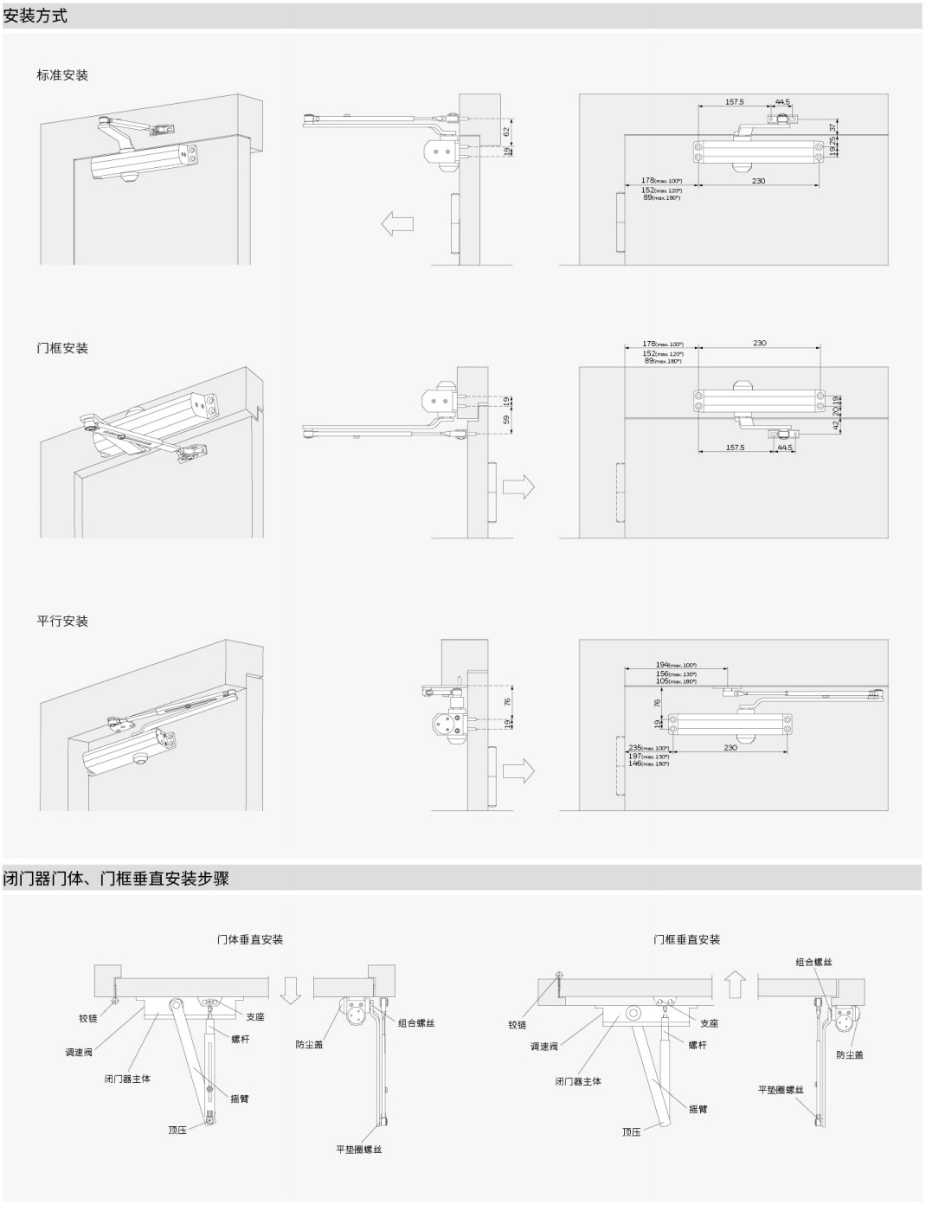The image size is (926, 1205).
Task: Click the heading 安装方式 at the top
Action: coord(35,16)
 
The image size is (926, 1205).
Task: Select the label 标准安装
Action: coord(62,75)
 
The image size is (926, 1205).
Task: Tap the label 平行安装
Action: coord(62,622)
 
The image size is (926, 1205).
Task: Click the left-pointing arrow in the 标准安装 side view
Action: coord(397,223)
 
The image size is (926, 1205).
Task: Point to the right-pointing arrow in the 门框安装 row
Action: coord(518,487)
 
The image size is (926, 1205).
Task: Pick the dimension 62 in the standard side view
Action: coord(506,132)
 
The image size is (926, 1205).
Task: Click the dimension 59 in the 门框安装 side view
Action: coord(506,420)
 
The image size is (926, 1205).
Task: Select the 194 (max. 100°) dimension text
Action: coord(676,665)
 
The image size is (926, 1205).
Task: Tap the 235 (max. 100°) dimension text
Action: coord(648,748)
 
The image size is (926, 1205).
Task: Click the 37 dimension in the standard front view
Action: coord(833,127)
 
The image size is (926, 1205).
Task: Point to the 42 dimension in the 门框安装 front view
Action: coord(836,425)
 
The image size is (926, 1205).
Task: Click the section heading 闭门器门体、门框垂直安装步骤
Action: coord(117,879)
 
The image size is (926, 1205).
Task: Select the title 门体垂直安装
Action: coord(250,939)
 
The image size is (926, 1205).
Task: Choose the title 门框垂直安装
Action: coord(687,939)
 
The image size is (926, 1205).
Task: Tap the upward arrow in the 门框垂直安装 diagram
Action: coord(736,984)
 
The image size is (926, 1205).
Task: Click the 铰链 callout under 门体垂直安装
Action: coord(88,1019)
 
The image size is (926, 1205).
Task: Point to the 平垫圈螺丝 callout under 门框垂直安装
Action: coord(781,1090)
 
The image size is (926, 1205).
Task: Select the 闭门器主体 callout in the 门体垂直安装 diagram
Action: coord(127,1079)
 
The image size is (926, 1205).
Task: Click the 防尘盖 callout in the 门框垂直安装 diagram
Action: coord(850,1055)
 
